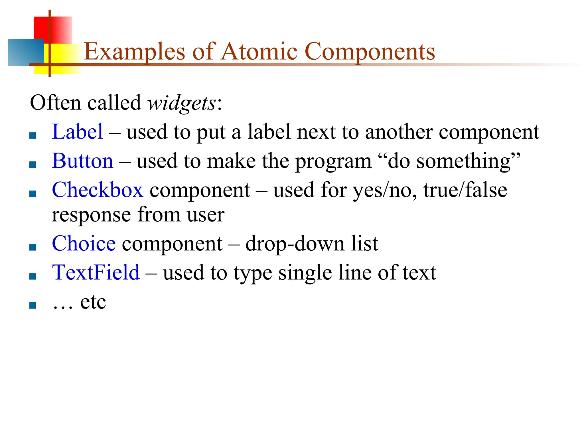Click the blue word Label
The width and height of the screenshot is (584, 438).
coord(77,132)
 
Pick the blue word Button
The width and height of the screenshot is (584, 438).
coord(83,161)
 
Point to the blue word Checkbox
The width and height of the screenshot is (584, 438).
coord(98,190)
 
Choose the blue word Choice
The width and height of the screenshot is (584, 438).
coord(84,244)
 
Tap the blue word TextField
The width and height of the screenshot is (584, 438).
coord(96,273)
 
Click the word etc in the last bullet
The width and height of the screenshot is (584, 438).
coord(93,302)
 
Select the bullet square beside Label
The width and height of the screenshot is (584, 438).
coord(33,135)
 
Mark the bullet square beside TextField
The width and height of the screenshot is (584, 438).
coord(33,276)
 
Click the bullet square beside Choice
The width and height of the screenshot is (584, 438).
coord(33,247)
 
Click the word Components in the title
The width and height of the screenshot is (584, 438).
coord(370,52)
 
